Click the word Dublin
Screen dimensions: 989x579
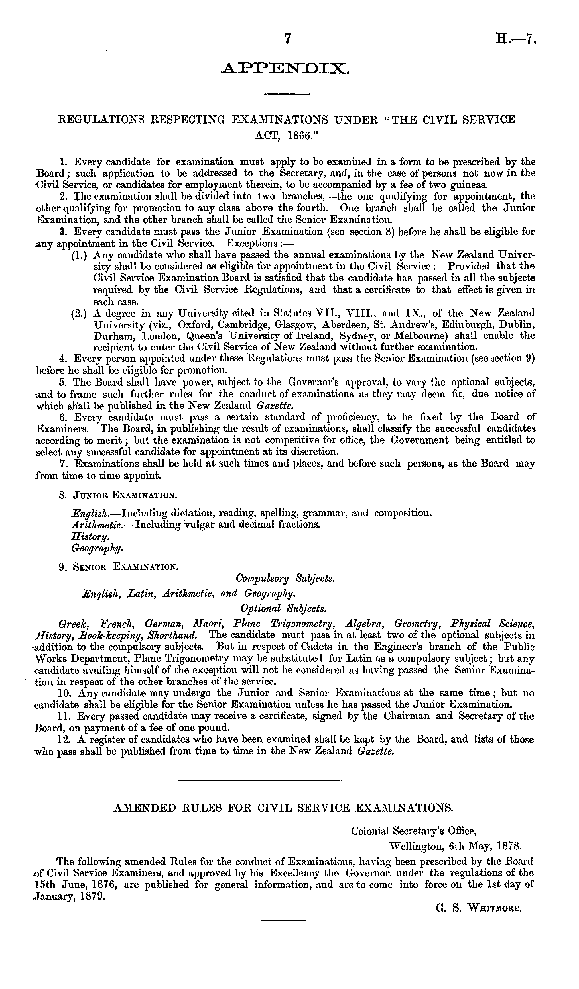516,325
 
